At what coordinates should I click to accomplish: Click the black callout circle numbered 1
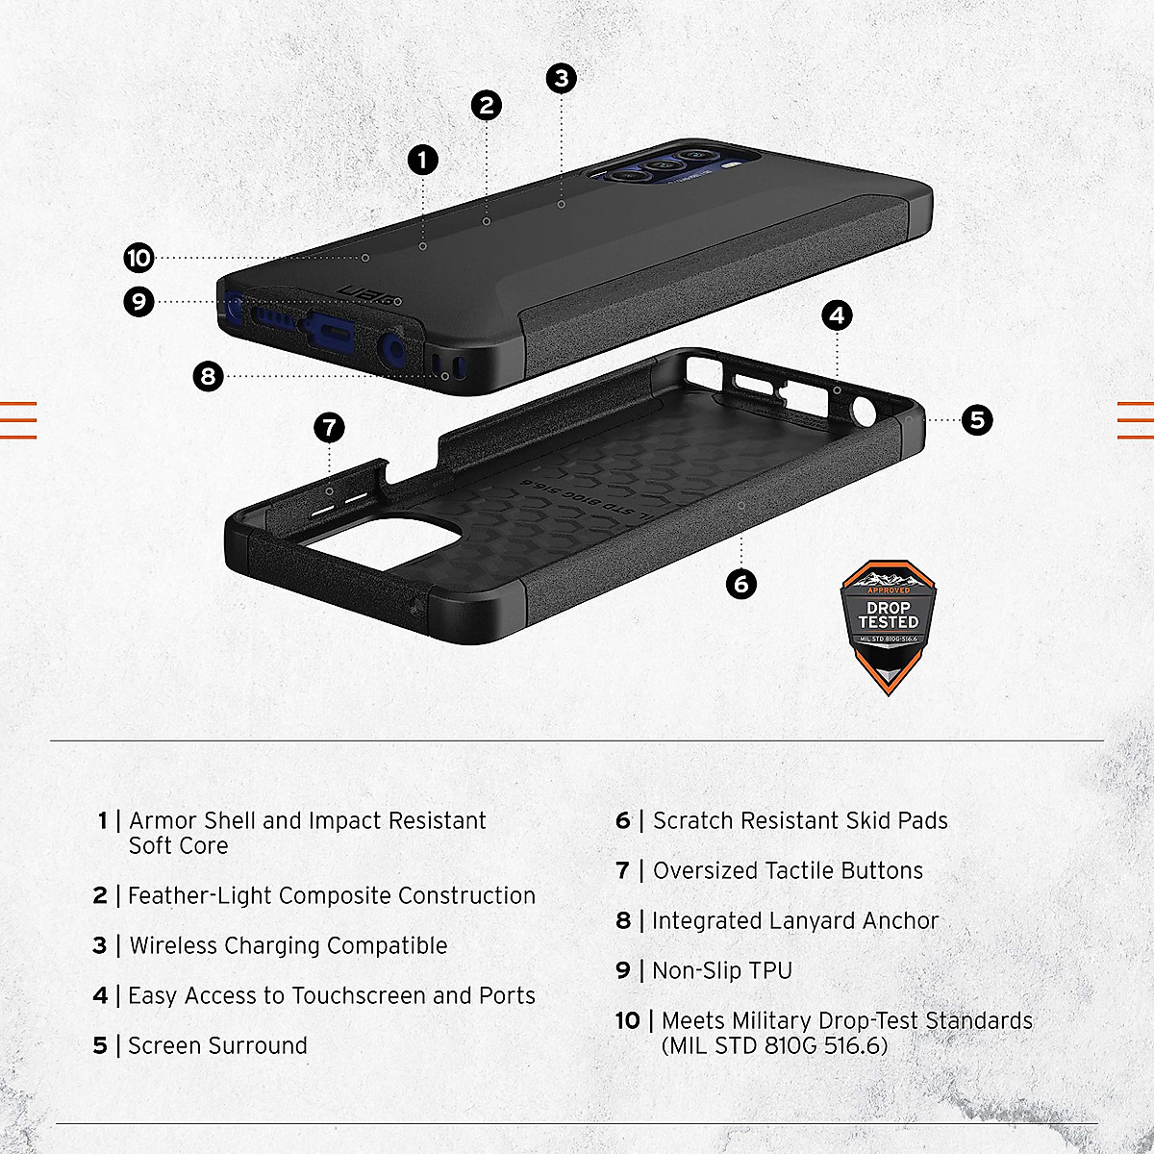(x=422, y=160)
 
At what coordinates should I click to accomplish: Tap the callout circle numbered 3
(x=562, y=78)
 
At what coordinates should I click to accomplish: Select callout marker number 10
(x=138, y=258)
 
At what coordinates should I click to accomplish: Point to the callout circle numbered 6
(x=740, y=584)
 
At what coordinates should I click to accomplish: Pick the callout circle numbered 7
(x=330, y=427)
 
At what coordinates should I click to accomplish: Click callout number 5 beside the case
(x=977, y=419)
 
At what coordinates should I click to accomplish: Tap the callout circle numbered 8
(x=208, y=376)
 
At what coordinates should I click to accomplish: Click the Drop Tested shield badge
(x=888, y=625)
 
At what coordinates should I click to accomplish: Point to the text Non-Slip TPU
(x=722, y=970)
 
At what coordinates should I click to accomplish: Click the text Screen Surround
(x=217, y=1045)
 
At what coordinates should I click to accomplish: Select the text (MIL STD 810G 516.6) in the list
(x=774, y=1045)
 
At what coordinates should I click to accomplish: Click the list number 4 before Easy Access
(x=100, y=995)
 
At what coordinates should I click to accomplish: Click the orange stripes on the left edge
(x=18, y=419)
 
